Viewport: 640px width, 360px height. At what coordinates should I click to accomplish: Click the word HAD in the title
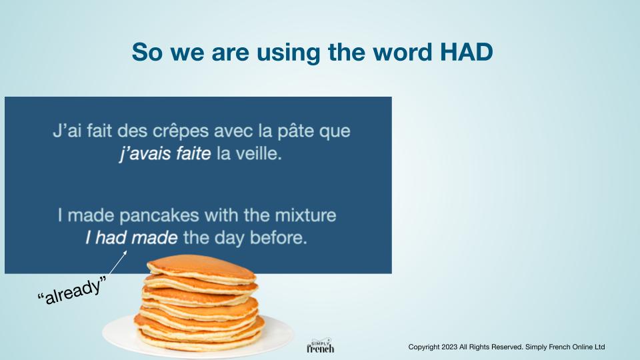(x=467, y=52)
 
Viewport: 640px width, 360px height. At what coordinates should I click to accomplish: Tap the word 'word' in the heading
(x=403, y=52)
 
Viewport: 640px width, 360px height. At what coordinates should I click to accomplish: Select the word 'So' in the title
(x=146, y=52)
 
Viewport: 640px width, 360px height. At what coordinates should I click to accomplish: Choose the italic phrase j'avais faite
(x=165, y=154)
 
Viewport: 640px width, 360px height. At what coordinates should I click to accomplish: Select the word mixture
(x=305, y=215)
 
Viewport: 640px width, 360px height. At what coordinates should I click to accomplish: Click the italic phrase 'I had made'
(x=131, y=237)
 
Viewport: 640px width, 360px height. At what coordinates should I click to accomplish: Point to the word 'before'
(x=278, y=237)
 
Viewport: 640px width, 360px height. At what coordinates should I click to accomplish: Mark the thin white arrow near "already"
(x=118, y=263)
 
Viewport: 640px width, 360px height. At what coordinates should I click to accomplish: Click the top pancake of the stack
(x=201, y=269)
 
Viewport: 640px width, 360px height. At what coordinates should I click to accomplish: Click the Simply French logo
(x=321, y=346)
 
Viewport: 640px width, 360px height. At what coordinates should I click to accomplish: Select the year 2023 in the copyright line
(x=449, y=347)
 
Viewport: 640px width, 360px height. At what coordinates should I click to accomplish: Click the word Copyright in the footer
(x=424, y=347)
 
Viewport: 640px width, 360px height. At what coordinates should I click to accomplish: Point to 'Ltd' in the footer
(x=599, y=347)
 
